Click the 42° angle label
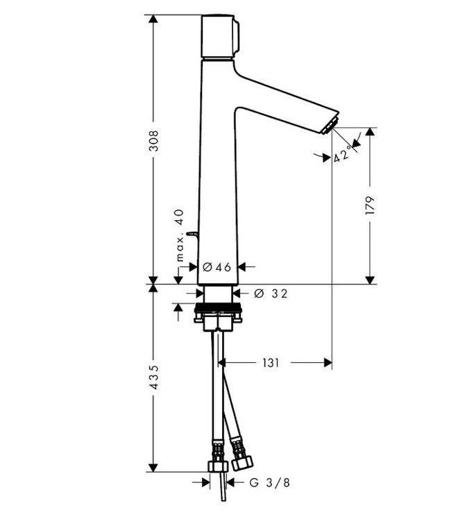(342, 155)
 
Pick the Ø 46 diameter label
(216, 266)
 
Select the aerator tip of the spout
(330, 126)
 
